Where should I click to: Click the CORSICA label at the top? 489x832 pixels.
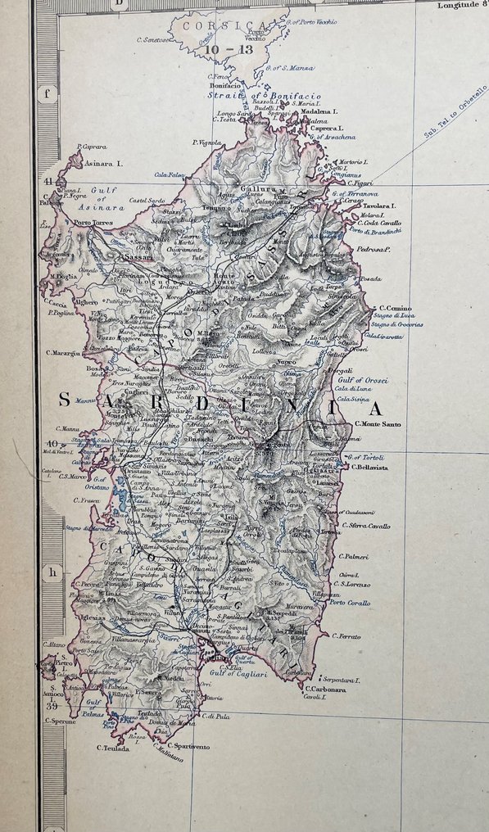(x=218, y=25)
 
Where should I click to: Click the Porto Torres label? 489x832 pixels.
(x=92, y=223)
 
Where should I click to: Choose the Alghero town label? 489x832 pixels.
(x=87, y=302)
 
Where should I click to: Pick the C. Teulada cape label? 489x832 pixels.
(x=113, y=748)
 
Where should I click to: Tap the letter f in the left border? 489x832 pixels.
(x=47, y=93)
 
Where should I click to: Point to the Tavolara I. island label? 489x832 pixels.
(x=378, y=206)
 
